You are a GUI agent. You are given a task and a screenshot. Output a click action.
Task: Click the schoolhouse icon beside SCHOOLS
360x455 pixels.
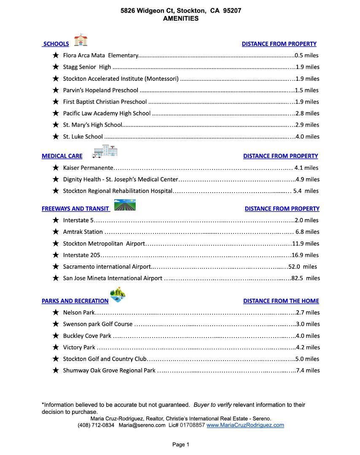coord(81,40)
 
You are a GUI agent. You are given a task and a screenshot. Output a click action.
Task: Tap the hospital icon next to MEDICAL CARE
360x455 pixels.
coord(105,151)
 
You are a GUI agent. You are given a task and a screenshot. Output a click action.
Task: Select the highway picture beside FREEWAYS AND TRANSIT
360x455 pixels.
coord(125,205)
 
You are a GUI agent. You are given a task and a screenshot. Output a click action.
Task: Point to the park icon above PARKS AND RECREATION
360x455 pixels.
coord(118,294)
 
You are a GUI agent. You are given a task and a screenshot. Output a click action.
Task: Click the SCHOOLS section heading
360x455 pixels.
coord(56,44)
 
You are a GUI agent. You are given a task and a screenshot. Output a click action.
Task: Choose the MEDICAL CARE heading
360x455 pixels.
coord(62,156)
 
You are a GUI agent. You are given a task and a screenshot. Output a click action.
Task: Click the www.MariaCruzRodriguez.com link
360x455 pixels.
coord(245,425)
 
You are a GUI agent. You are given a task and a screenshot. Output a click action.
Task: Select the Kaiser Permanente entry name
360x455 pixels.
coord(88,168)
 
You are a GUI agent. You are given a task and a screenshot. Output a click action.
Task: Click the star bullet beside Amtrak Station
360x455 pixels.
coord(55,232)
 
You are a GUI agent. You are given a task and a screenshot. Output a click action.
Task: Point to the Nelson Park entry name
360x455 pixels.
coord(79,313)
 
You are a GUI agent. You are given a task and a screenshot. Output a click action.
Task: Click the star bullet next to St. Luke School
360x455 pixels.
coord(55,136)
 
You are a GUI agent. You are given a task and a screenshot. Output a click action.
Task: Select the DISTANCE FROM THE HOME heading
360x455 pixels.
coord(281,301)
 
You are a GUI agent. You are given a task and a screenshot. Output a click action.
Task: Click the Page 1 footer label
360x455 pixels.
coord(180,444)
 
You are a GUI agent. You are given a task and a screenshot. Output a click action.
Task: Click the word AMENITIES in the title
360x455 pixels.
coord(180,19)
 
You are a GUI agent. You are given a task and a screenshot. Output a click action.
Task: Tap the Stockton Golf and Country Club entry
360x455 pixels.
coord(105,359)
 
